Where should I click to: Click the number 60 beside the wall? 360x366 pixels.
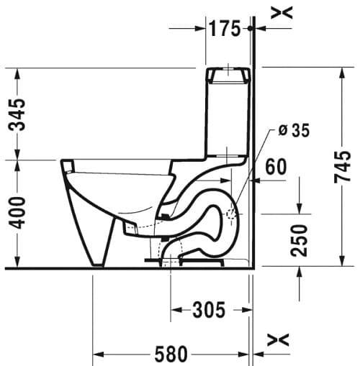(x=276, y=167)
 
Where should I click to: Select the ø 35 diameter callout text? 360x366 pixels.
(x=293, y=130)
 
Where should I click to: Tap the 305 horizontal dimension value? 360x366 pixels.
(x=209, y=310)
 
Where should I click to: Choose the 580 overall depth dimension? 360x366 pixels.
(x=171, y=354)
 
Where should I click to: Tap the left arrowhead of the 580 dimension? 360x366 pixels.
(x=98, y=354)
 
